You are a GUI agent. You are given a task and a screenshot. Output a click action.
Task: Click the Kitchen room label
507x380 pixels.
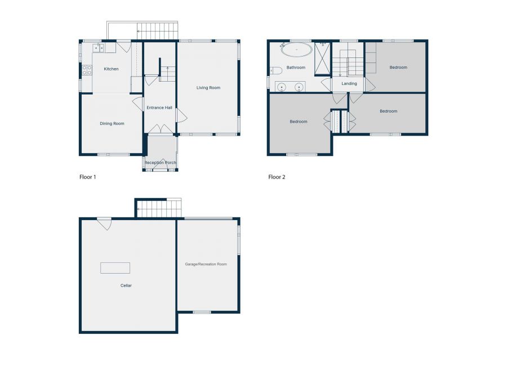(x=111, y=69)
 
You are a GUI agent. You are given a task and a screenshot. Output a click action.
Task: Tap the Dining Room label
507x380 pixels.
(x=112, y=123)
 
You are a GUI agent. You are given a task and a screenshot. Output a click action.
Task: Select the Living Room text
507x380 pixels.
(x=208, y=88)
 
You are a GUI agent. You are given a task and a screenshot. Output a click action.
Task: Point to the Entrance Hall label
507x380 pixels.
(x=159, y=108)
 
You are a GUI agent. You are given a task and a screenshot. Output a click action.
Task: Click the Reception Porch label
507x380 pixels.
(x=161, y=163)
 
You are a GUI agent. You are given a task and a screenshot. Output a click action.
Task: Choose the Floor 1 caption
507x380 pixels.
(x=88, y=177)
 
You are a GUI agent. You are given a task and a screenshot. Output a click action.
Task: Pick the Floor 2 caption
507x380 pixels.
(x=277, y=177)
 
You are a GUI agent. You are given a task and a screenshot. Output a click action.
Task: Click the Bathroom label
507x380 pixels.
(x=296, y=68)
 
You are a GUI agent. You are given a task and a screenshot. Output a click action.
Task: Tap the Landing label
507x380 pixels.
(x=349, y=83)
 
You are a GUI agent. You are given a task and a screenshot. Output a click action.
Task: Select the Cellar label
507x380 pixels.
(x=126, y=285)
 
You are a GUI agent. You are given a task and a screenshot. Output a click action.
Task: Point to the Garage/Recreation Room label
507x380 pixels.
(x=206, y=264)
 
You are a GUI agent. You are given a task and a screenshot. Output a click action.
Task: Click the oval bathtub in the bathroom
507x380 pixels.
(x=297, y=50)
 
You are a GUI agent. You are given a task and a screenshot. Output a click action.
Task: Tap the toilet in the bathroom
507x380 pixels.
(x=276, y=70)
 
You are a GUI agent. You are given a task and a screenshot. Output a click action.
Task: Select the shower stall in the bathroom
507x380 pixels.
(x=322, y=59)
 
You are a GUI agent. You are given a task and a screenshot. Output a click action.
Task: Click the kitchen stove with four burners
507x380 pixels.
(x=87, y=70)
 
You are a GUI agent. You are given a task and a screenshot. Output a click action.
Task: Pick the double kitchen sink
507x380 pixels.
(x=99, y=48)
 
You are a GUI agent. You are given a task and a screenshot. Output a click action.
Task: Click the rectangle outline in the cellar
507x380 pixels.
(x=115, y=268)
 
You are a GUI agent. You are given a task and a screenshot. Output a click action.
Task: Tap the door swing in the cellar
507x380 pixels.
(x=104, y=223)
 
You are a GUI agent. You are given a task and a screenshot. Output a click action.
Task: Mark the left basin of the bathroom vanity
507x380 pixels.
(x=282, y=87)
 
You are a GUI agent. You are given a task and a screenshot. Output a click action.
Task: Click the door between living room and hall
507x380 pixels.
(x=181, y=115)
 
